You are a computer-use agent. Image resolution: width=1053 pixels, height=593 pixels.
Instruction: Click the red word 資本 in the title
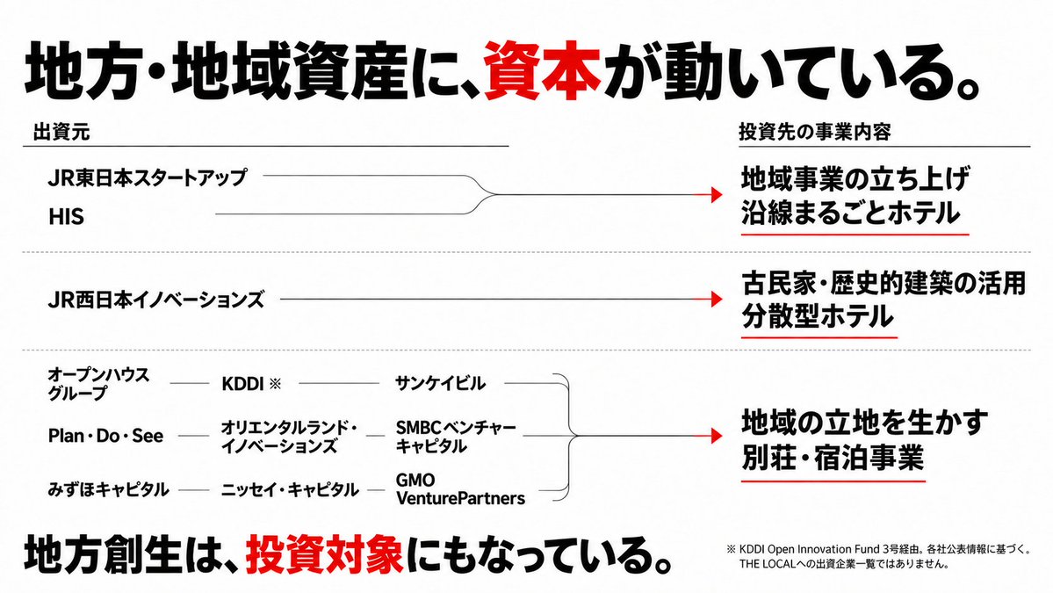[x=542, y=70]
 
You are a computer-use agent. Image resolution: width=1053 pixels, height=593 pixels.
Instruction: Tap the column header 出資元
[x=61, y=133]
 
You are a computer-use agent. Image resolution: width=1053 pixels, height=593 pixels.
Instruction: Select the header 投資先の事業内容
[x=815, y=132]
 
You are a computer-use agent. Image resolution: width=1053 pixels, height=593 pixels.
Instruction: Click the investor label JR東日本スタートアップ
[x=148, y=177]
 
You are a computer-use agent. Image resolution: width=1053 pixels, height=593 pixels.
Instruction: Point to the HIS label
[x=66, y=216]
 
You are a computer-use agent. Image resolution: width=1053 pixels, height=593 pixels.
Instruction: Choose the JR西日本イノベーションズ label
[x=155, y=300]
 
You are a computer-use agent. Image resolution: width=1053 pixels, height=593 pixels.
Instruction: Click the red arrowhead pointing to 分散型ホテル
[x=717, y=299]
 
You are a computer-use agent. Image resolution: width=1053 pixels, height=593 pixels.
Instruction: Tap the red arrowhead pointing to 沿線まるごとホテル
[x=717, y=195]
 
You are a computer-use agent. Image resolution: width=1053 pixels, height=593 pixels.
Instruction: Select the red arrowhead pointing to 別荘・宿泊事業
[x=717, y=436]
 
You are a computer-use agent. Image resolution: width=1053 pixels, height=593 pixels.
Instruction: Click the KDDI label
[x=251, y=383]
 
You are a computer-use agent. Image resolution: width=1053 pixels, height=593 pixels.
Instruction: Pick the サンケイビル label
[x=440, y=383]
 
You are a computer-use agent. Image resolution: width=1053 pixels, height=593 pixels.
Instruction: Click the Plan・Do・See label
[x=105, y=436]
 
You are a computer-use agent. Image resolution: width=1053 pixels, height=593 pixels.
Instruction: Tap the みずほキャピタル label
[x=108, y=489]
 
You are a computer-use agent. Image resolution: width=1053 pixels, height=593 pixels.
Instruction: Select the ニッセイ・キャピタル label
[x=290, y=489]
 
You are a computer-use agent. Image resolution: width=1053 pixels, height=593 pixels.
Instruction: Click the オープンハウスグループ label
[x=98, y=383]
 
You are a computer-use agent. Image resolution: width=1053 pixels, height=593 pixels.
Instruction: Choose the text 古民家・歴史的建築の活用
[x=884, y=284]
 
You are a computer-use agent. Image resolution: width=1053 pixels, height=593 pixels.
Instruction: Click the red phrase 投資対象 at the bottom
[x=324, y=554]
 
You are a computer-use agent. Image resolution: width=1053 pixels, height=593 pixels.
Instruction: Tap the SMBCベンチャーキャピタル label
[x=456, y=437]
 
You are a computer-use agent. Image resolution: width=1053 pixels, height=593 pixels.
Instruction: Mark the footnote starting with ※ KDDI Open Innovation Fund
[x=878, y=556]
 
